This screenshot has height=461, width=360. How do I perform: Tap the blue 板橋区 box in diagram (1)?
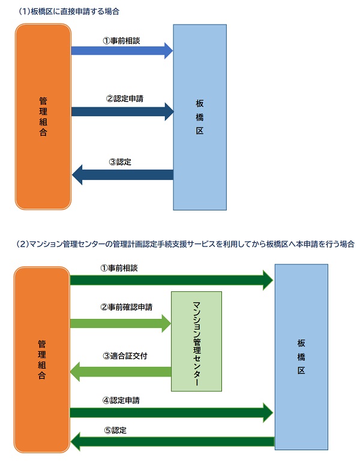200,117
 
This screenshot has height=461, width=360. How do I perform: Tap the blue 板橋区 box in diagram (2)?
301,357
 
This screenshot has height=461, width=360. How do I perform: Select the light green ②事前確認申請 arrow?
120,323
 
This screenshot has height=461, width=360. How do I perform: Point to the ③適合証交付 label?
125,355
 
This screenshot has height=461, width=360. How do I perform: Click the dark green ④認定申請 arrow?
172,412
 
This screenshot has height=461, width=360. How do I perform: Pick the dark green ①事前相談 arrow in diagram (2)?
172,279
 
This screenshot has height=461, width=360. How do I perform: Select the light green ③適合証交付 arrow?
120,372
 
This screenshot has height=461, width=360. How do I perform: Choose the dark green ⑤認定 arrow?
172,442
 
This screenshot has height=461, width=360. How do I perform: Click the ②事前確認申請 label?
126,307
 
